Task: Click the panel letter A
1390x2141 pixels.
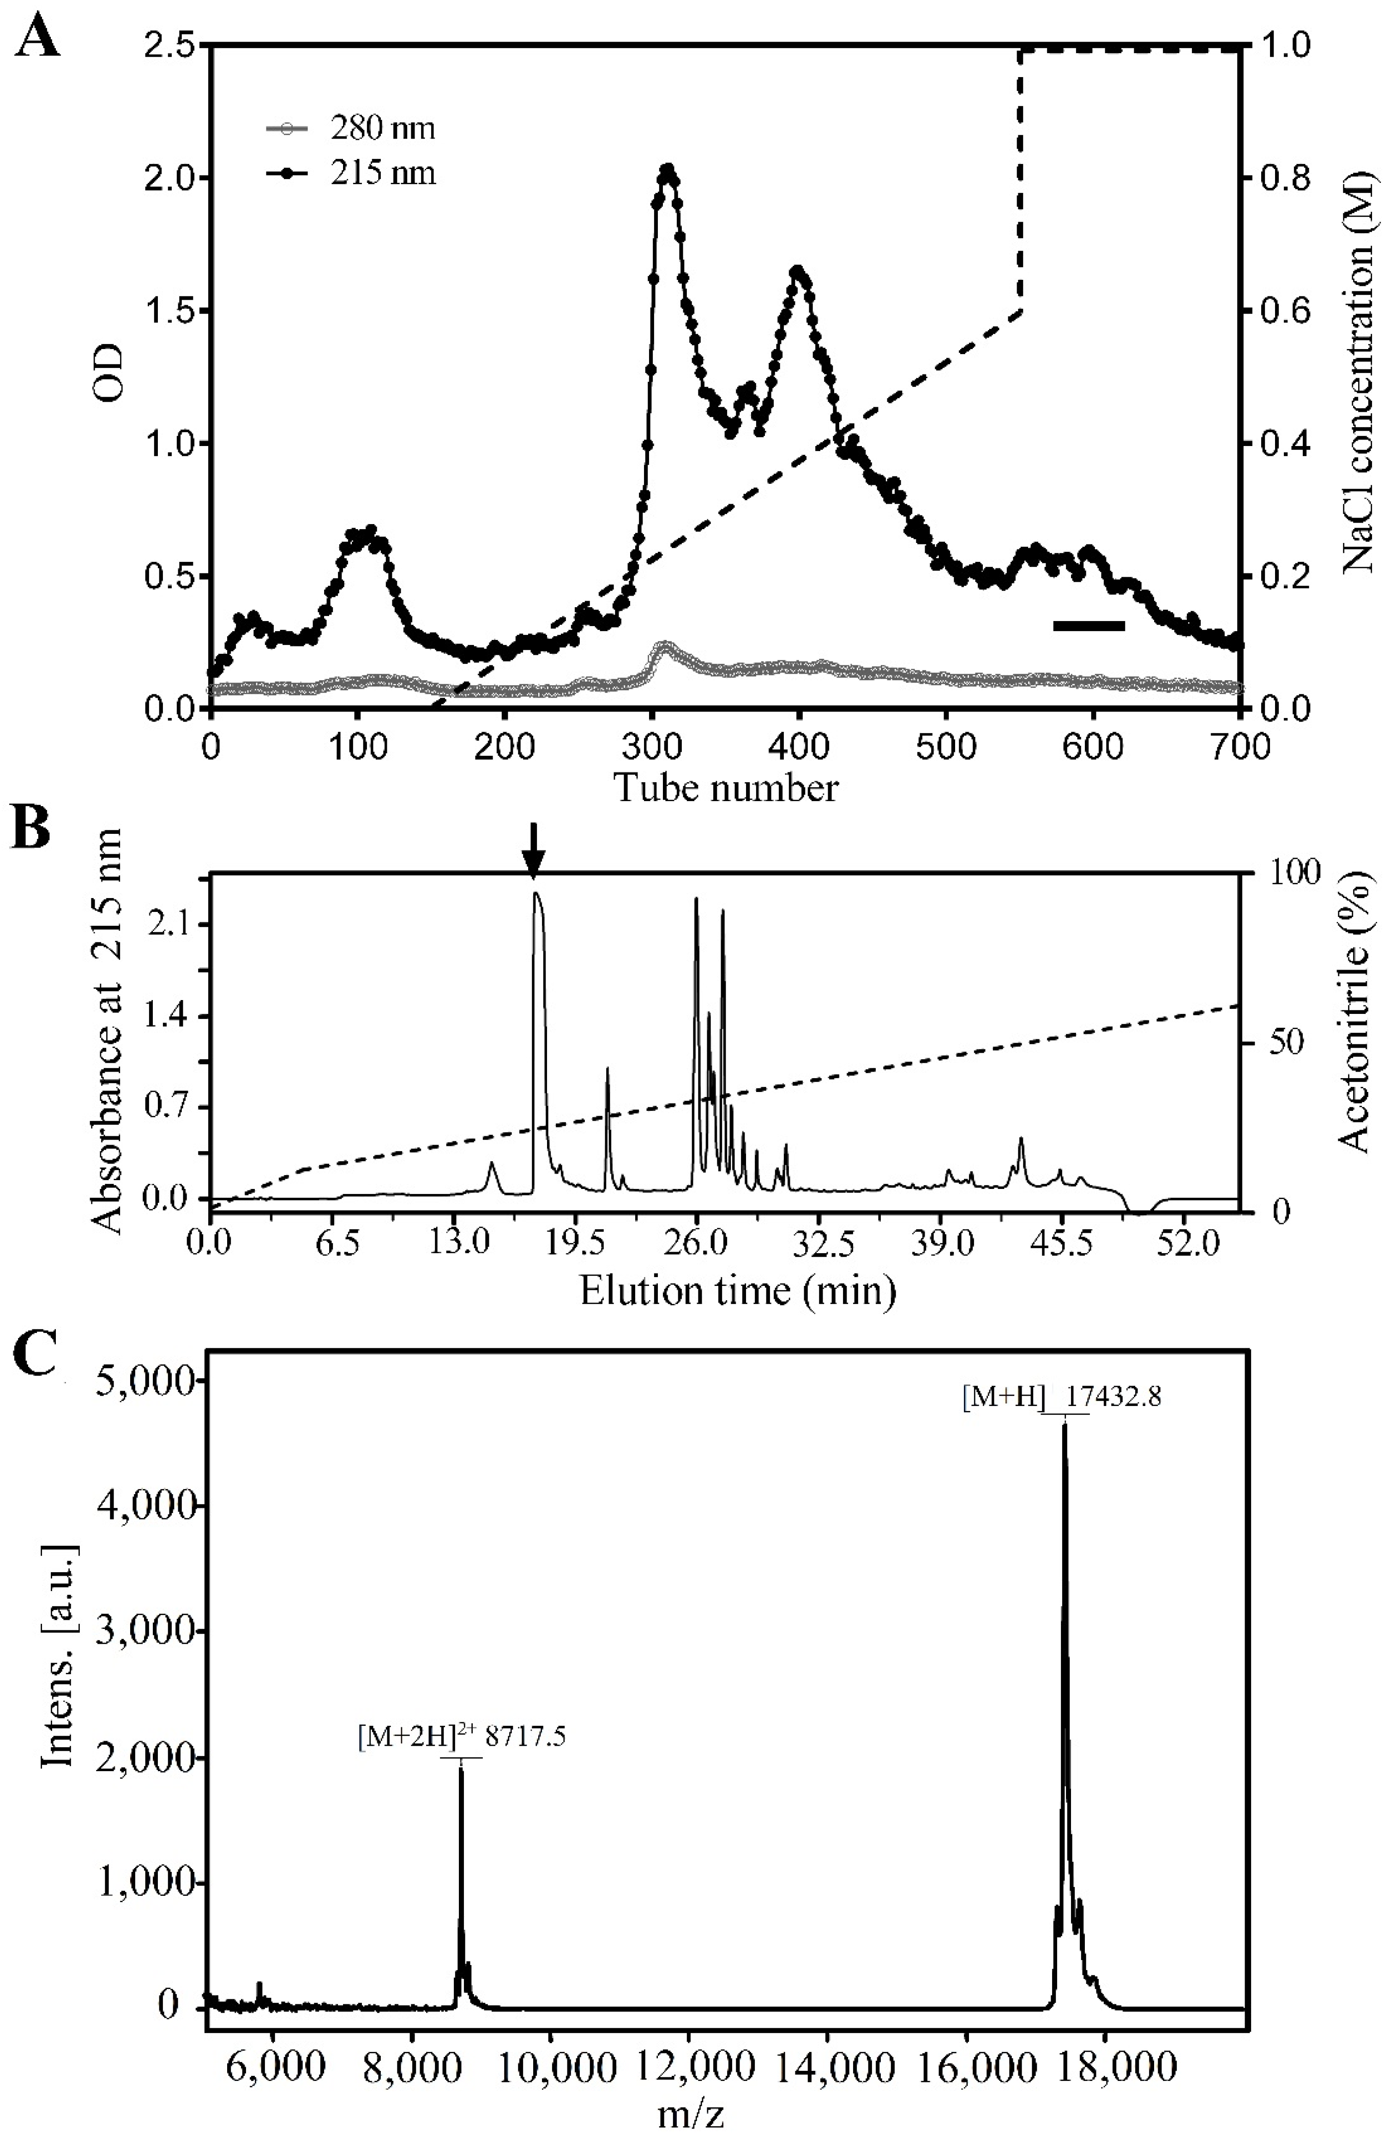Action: pyautogui.click(x=38, y=38)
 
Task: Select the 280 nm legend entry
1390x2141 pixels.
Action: pyautogui.click(x=351, y=129)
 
